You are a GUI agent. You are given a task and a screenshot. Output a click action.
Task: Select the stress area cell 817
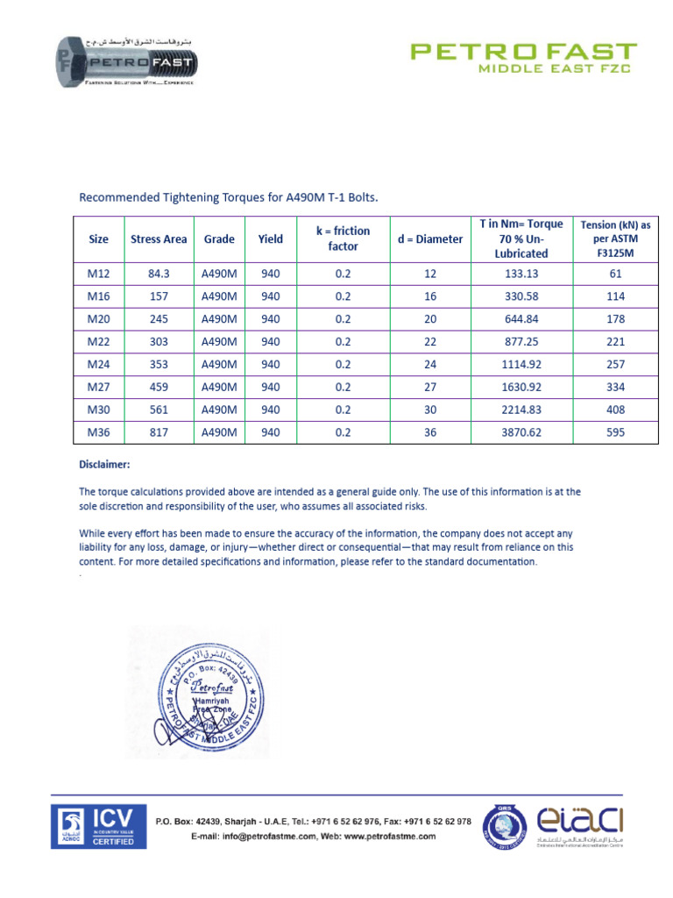159,432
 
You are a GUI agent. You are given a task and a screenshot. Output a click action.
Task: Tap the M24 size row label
98,364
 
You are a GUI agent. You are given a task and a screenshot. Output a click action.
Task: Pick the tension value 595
616,432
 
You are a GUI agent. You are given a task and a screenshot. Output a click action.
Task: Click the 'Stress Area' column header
159,239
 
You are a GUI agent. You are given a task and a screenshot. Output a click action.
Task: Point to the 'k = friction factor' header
343,239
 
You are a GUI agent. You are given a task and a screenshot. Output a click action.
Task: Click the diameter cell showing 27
429,387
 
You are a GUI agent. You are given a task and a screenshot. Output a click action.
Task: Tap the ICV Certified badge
96,827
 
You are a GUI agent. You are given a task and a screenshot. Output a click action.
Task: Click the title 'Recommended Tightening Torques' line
229,197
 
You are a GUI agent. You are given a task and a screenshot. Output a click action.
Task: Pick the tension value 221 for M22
616,342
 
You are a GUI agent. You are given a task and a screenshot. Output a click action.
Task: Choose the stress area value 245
159,319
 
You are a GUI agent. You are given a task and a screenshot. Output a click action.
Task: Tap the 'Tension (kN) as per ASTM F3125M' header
616,239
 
